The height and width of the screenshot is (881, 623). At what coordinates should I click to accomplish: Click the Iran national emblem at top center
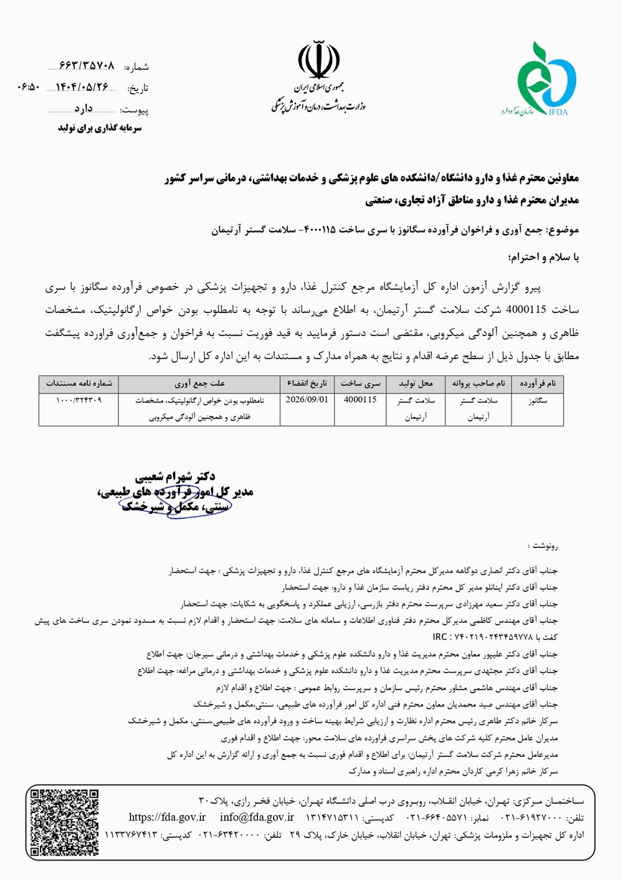point(318,59)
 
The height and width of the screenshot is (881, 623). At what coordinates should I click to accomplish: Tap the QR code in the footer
point(65,822)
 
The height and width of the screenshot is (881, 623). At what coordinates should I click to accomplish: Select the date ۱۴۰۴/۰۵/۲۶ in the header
point(82,87)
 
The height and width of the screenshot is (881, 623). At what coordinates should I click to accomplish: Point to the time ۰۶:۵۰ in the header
point(29,87)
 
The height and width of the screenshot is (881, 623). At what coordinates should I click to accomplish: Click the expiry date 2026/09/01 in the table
point(307,400)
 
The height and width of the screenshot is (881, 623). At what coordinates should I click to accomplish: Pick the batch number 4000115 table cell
point(360,400)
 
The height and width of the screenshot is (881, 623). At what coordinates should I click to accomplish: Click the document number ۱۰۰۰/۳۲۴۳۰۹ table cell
point(78,400)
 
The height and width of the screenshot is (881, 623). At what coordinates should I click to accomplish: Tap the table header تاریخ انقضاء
point(307,383)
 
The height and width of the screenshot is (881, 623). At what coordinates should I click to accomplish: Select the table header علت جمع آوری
point(199,383)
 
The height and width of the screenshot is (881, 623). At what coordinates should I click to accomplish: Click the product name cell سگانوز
point(538,400)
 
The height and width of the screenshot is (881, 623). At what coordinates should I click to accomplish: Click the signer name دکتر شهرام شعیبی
point(175,478)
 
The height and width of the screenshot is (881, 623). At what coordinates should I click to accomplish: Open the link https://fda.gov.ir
point(167,817)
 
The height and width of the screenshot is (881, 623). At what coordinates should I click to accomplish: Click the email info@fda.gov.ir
point(257,817)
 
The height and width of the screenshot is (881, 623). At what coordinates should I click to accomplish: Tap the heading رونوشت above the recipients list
point(543,546)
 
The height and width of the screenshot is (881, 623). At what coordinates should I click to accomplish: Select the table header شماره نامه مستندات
point(78,383)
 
